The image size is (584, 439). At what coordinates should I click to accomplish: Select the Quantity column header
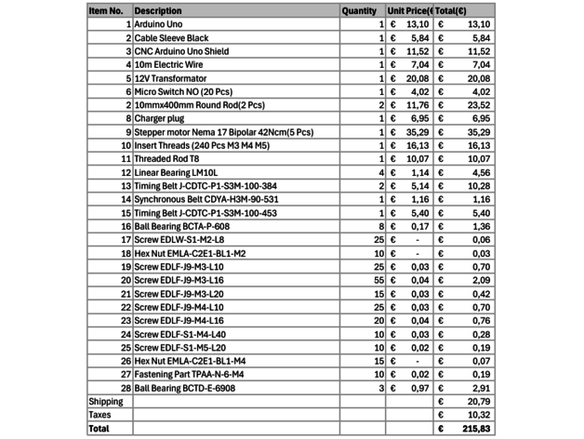point(358,11)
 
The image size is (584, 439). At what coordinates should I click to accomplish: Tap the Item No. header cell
point(107,11)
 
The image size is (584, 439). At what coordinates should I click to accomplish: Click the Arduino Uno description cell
point(159,24)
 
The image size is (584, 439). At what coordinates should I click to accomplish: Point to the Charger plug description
point(160,119)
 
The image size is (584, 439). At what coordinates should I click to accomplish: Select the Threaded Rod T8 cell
point(170,159)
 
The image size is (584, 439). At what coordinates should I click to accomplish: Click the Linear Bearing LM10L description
point(180,173)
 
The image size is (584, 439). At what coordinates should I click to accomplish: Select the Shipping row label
point(105,401)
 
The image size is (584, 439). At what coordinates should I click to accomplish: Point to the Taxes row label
point(100,414)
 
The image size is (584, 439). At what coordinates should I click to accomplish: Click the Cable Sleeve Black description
point(172,38)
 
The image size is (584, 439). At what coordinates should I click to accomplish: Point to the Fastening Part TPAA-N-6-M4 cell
point(189,374)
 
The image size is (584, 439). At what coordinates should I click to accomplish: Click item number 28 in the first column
point(126,387)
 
